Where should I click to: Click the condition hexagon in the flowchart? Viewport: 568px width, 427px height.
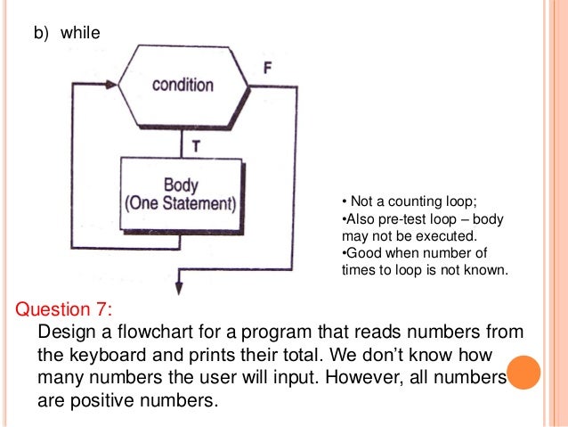tap(183, 85)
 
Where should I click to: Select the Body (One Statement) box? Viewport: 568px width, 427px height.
tap(181, 194)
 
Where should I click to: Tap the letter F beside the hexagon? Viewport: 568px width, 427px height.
tap(268, 68)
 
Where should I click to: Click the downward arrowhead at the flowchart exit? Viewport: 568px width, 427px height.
tap(181, 288)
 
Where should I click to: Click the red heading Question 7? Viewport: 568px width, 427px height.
tap(65, 309)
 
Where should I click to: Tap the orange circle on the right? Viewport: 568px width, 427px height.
tap(524, 373)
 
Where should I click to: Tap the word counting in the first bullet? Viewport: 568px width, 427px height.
tap(403, 201)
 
